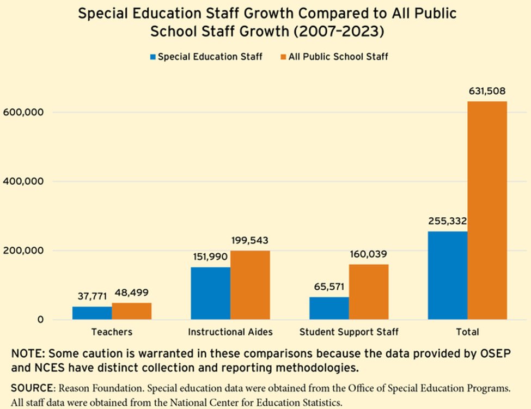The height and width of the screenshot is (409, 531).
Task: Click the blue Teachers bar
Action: click(92, 313)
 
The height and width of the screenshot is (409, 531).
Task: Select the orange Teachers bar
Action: click(132, 311)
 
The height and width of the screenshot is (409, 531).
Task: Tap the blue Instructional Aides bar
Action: click(211, 293)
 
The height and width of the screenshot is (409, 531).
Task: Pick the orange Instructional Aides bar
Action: click(251, 285)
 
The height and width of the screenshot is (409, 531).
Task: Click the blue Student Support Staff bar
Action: click(329, 308)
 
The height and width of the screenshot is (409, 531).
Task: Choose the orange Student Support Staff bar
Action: click(369, 292)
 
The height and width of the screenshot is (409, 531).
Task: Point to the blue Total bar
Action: click(448, 275)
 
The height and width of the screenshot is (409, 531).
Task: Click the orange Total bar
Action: click(487, 210)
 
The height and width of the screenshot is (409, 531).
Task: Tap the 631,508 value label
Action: click(487, 91)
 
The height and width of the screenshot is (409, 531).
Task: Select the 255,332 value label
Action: click(447, 221)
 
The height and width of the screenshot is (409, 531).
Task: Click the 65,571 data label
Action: click(329, 287)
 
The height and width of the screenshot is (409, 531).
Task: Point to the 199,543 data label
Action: click(250, 240)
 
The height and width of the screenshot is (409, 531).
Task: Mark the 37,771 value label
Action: click(92, 296)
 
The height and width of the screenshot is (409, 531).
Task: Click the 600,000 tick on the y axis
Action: click(23, 112)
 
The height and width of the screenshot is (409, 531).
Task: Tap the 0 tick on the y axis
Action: click(41, 320)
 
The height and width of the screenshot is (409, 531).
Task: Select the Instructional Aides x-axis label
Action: click(230, 332)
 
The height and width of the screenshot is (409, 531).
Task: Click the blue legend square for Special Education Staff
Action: click(153, 57)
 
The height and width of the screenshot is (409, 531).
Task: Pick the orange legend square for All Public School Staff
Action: click(283, 57)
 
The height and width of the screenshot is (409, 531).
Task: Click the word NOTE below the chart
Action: click(27, 354)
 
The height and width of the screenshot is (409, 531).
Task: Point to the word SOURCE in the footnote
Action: click(32, 388)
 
